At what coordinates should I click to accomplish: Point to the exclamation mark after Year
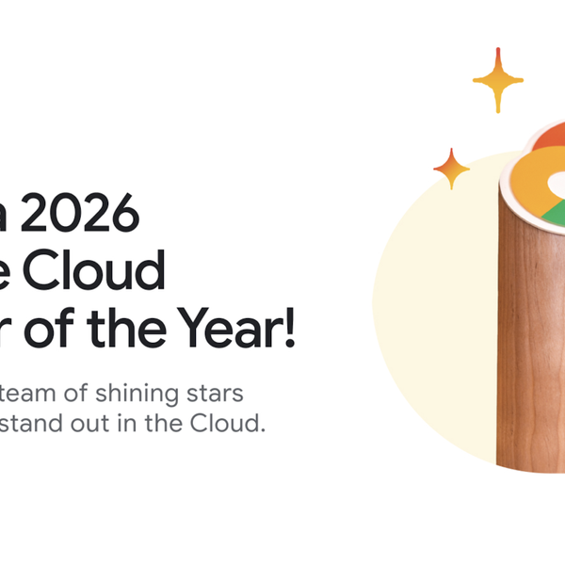pos(289,328)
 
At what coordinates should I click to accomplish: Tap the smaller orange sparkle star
pos(451,169)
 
